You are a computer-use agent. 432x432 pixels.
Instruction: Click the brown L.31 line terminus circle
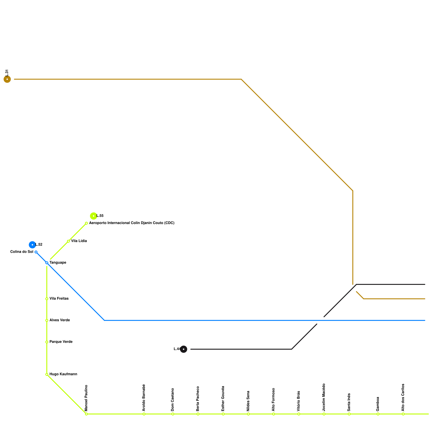point(7,79)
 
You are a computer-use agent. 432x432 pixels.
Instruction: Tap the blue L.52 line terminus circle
point(32,245)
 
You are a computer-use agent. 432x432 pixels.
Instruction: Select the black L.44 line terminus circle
point(184,349)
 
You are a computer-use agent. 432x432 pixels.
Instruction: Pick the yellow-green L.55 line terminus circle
point(93,216)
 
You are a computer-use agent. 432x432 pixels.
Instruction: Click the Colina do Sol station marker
point(36,252)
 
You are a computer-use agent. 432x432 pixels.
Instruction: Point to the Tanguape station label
point(58,263)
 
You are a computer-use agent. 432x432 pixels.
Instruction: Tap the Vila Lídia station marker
point(68,241)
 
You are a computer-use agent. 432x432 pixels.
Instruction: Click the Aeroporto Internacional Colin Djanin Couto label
point(132,223)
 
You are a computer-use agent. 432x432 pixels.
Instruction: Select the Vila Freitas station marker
point(47,299)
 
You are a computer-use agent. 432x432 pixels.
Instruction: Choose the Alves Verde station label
point(60,320)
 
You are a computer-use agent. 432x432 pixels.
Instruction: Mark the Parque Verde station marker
point(47,342)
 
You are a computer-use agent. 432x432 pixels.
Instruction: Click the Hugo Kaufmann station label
point(63,374)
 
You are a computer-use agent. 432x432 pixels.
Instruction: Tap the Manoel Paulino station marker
point(86,414)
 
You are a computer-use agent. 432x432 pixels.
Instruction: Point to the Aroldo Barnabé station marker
point(144,414)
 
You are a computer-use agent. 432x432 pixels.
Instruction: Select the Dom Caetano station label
point(173,400)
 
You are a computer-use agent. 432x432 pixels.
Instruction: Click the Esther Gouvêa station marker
point(223,414)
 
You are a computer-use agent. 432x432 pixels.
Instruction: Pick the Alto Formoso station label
point(274,400)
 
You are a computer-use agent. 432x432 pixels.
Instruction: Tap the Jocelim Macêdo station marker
point(324,414)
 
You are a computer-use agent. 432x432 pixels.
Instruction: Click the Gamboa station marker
point(378,414)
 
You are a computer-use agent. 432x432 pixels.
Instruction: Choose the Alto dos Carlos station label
point(403,397)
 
